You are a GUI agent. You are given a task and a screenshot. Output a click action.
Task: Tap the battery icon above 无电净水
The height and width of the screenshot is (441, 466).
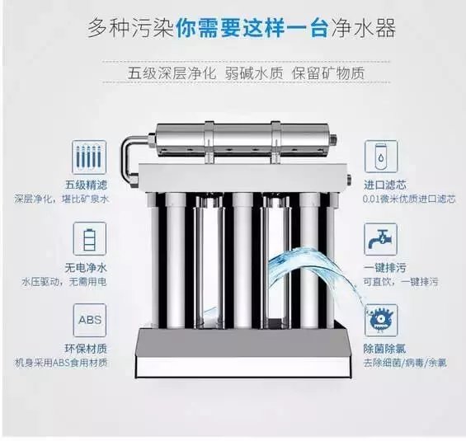(89, 239)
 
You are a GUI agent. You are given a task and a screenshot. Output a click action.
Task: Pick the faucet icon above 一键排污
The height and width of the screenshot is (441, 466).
(379, 239)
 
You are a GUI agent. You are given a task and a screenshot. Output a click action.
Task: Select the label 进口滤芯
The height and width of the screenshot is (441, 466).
(384, 185)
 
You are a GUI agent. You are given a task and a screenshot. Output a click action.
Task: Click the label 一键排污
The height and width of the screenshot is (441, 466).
(384, 269)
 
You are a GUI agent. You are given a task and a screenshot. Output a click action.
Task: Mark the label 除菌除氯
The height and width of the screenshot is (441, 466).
(384, 348)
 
